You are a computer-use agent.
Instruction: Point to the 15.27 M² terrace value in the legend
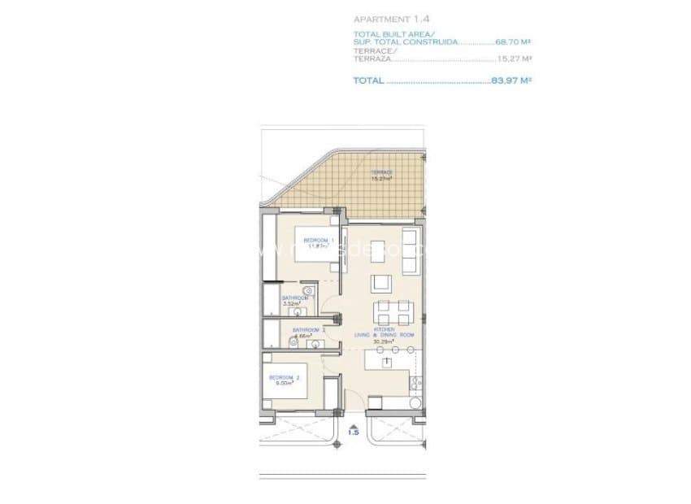tap(514, 59)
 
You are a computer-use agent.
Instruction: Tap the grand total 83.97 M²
tap(511, 80)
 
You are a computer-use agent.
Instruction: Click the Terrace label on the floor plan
tap(381, 172)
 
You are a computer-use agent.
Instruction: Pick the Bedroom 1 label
tap(316, 241)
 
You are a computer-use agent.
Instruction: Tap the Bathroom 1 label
tap(295, 299)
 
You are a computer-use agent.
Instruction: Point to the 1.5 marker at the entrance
tap(353, 432)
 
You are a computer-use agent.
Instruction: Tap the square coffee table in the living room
tap(380, 283)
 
